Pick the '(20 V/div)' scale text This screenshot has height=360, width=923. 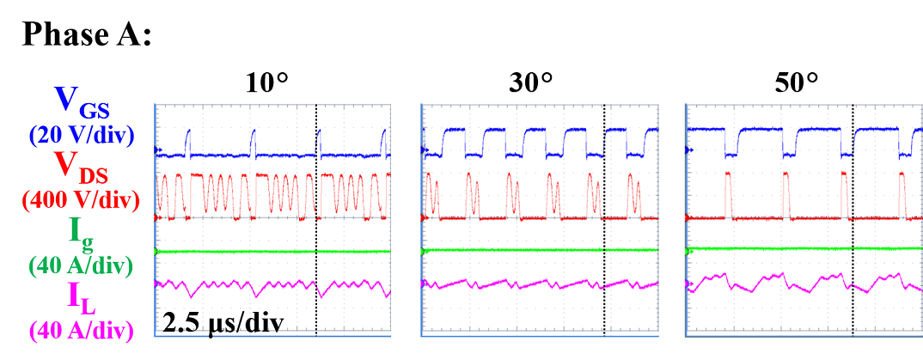81,134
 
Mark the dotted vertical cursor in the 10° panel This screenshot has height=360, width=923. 316,258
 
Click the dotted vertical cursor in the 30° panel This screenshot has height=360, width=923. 604,258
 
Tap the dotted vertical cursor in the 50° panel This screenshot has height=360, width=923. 853,258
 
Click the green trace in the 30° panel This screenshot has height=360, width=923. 516,250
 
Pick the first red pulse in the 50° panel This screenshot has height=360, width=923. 729,193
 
